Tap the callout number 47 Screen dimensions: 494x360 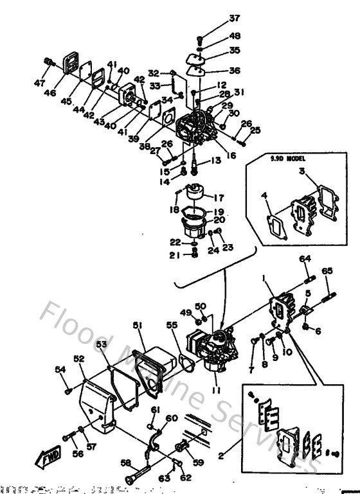click(40, 84)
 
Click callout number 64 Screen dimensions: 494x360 click(304, 258)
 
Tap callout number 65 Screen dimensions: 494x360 click(327, 271)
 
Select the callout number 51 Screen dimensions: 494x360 click(137, 326)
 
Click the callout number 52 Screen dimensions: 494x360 click(78, 358)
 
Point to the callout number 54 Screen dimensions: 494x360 click(60, 369)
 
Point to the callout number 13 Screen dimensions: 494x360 click(215, 160)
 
